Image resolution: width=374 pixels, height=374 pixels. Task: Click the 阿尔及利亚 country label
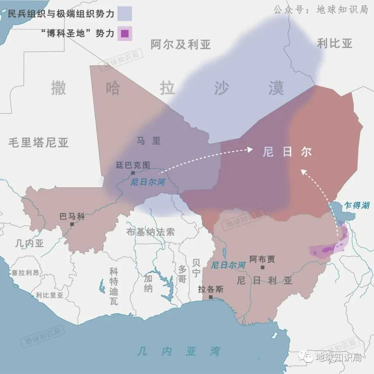pyautogui.click(x=180, y=45)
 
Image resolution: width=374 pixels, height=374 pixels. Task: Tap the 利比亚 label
pyautogui.click(x=335, y=43)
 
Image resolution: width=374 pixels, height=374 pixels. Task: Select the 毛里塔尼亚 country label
pyautogui.click(x=38, y=142)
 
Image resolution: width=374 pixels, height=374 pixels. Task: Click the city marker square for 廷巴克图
pyautogui.click(x=133, y=173)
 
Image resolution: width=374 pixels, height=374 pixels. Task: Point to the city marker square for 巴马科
pyautogui.click(x=72, y=224)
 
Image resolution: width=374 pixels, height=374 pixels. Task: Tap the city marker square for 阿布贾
pyautogui.click(x=262, y=267)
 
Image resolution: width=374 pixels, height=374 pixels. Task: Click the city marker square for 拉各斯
pyautogui.click(x=211, y=297)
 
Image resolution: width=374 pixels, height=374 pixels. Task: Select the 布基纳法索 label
pyautogui.click(x=150, y=232)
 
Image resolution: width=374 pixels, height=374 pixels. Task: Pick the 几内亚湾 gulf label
pyautogui.click(x=179, y=351)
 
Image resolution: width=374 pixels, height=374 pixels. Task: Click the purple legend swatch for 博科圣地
pyautogui.click(x=125, y=34)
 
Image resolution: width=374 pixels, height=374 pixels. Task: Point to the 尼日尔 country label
pyautogui.click(x=287, y=152)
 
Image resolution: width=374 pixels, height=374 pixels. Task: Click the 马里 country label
pyautogui.click(x=149, y=141)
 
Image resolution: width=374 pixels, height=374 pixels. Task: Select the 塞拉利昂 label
pyautogui.click(x=25, y=273)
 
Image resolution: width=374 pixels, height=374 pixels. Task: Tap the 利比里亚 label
pyautogui.click(x=50, y=295)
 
